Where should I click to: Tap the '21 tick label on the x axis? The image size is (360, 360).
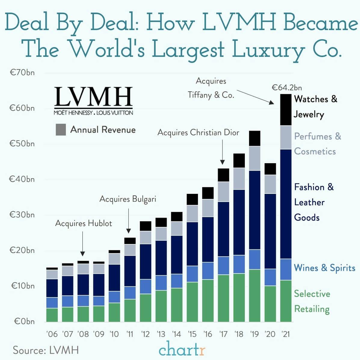pos(285,334)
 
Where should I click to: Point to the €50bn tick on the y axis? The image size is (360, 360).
pos(22,144)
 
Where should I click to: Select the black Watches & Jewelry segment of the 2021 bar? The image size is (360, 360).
pos(286,110)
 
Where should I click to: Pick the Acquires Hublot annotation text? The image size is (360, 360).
pos(84,224)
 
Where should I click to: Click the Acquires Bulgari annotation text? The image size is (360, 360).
pos(128,199)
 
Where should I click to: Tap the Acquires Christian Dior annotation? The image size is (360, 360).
pos(198,133)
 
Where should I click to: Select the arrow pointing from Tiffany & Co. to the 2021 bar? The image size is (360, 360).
pos(255,97)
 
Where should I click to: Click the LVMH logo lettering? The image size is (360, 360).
pos(94,97)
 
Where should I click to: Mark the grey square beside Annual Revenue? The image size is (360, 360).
pos(61,130)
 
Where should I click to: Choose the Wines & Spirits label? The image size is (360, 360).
pos(325,268)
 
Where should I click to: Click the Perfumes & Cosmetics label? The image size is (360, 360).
pos(317,144)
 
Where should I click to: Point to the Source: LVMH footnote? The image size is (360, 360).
pos(46,350)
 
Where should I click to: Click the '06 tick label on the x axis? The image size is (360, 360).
pos(52,334)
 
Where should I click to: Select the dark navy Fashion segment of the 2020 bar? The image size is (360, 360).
pos(270,231)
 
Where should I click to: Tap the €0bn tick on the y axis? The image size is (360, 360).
pos(24,321)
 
